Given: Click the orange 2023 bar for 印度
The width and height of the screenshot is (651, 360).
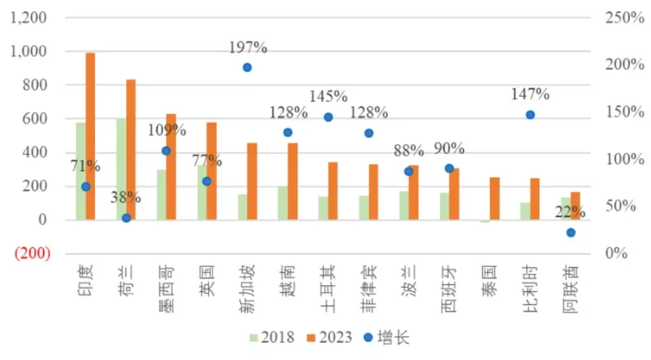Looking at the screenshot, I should click(90, 136).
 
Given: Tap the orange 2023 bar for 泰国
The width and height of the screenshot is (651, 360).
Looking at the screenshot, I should click(494, 198).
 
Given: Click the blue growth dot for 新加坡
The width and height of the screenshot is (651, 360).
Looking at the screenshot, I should click(247, 67).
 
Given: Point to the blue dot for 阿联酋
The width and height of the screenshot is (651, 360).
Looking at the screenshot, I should click(571, 232).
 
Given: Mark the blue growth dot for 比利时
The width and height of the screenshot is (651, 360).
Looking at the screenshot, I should click(530, 114).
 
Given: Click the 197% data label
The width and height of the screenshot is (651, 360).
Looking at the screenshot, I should click(248, 48).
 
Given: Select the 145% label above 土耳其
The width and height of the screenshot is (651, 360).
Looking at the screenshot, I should click(329, 96).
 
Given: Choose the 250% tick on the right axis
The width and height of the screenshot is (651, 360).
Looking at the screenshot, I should click(626, 18).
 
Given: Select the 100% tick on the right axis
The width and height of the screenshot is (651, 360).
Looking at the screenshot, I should click(626, 159).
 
